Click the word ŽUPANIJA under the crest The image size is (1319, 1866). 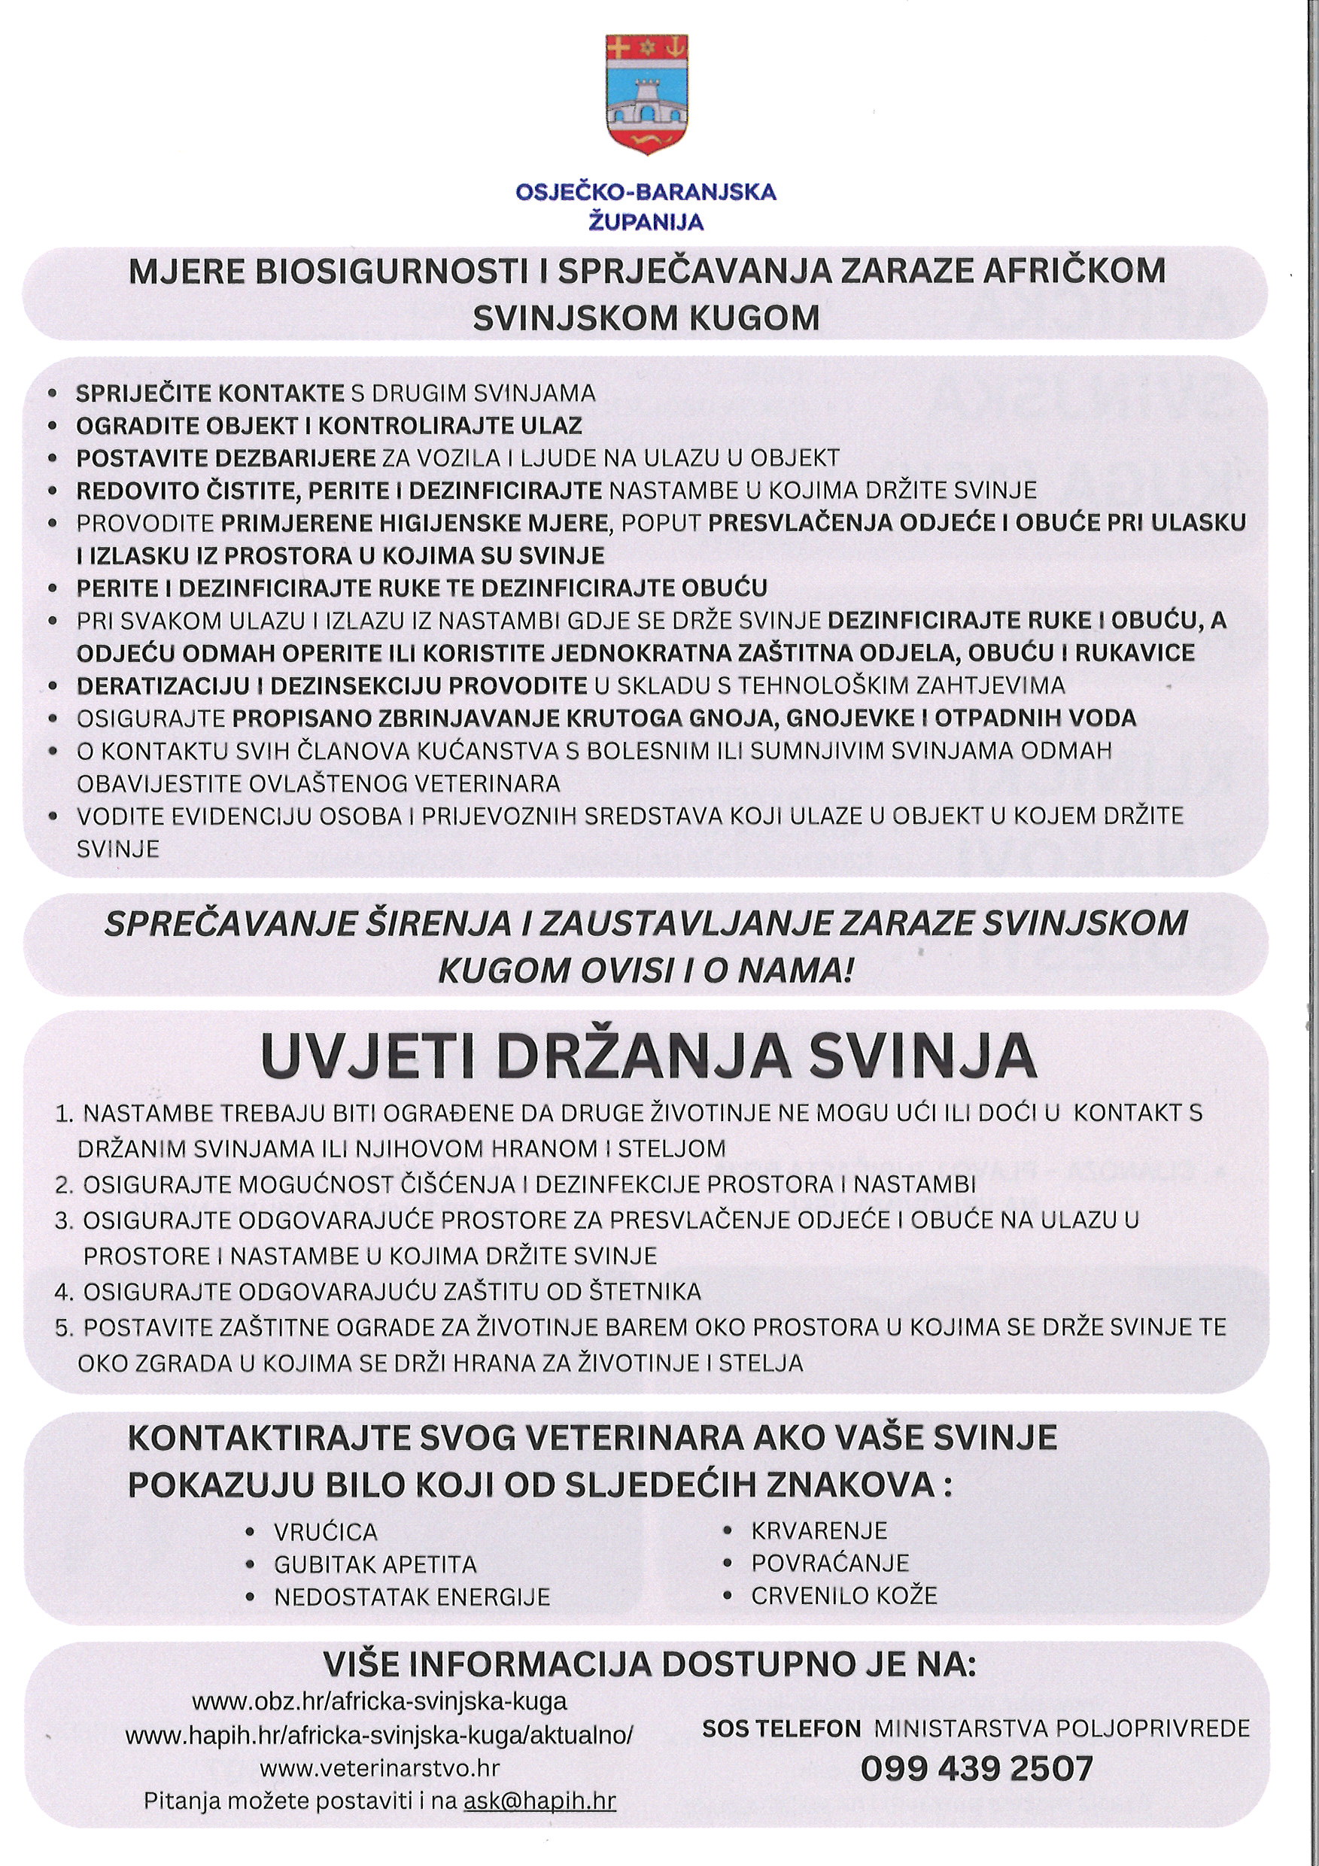[646, 222]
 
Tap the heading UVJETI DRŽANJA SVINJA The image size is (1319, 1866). [648, 1056]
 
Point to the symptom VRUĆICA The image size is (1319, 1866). [326, 1532]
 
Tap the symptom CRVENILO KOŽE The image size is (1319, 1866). [843, 1595]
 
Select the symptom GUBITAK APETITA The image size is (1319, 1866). [375, 1564]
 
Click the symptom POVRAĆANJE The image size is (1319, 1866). [830, 1563]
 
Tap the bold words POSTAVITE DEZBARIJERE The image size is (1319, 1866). [226, 458]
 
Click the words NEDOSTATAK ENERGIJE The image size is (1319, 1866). [412, 1597]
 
